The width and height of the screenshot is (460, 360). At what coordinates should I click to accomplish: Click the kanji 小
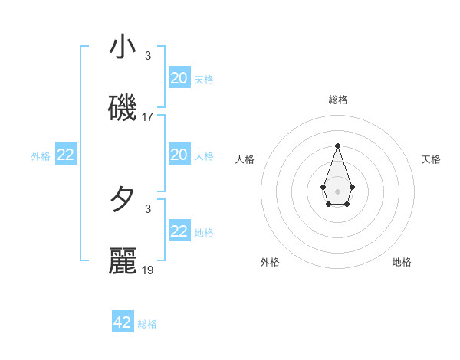[x=123, y=48]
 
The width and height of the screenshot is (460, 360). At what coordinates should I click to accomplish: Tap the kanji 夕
[x=123, y=201]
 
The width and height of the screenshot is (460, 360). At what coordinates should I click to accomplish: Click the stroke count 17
[x=148, y=117]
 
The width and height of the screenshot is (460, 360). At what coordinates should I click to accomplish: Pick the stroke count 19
[x=148, y=270]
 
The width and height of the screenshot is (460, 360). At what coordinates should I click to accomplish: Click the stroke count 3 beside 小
[x=148, y=56]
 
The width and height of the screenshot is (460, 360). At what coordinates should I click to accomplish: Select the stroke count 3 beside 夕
[x=148, y=208]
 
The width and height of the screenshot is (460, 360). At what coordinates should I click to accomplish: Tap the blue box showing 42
[x=123, y=322]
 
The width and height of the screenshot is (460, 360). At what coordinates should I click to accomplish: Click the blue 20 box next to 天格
[x=179, y=77]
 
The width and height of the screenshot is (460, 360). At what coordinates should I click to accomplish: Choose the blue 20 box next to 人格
[x=179, y=155]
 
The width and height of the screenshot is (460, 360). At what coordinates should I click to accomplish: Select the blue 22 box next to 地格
[x=179, y=231]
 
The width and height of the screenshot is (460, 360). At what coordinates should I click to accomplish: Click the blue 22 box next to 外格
[x=66, y=155]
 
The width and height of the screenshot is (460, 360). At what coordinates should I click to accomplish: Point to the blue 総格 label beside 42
[x=147, y=324]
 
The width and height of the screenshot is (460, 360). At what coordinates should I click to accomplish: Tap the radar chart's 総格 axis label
[x=337, y=100]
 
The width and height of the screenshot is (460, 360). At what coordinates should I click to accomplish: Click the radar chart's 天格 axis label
[x=431, y=159]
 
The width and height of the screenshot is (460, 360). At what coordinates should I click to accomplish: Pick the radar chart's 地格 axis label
[x=402, y=262]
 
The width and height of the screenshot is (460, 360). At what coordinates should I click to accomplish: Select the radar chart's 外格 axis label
[x=270, y=262]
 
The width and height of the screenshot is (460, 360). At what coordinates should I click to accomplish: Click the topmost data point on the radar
[x=337, y=145]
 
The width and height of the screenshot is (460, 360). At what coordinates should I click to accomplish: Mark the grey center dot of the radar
[x=337, y=191]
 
